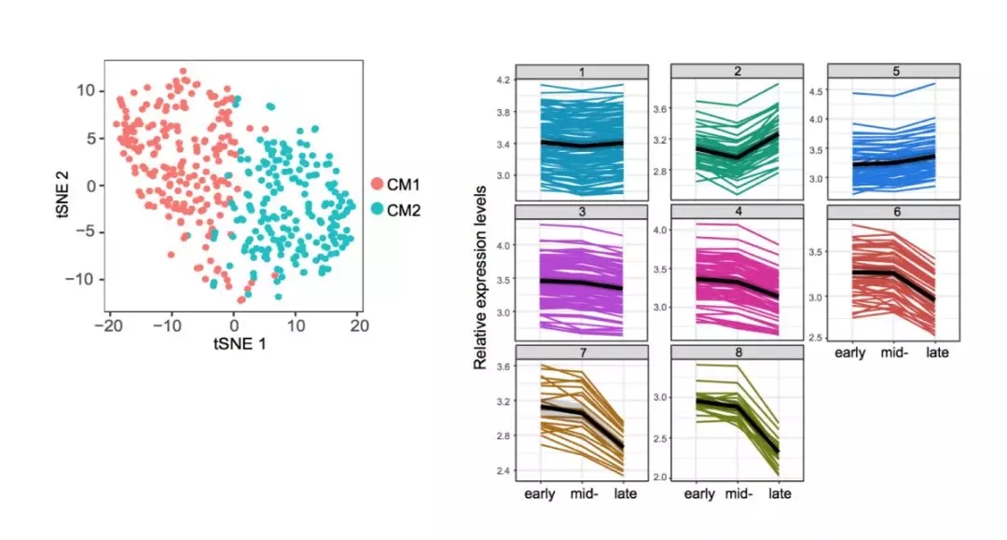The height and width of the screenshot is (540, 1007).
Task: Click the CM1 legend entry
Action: click(393, 184)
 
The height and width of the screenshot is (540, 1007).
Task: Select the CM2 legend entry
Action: click(393, 211)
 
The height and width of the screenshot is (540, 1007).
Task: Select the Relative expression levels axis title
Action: click(480, 275)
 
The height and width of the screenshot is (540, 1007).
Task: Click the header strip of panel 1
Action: click(581, 72)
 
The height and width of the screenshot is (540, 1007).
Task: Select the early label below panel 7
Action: click(542, 493)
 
